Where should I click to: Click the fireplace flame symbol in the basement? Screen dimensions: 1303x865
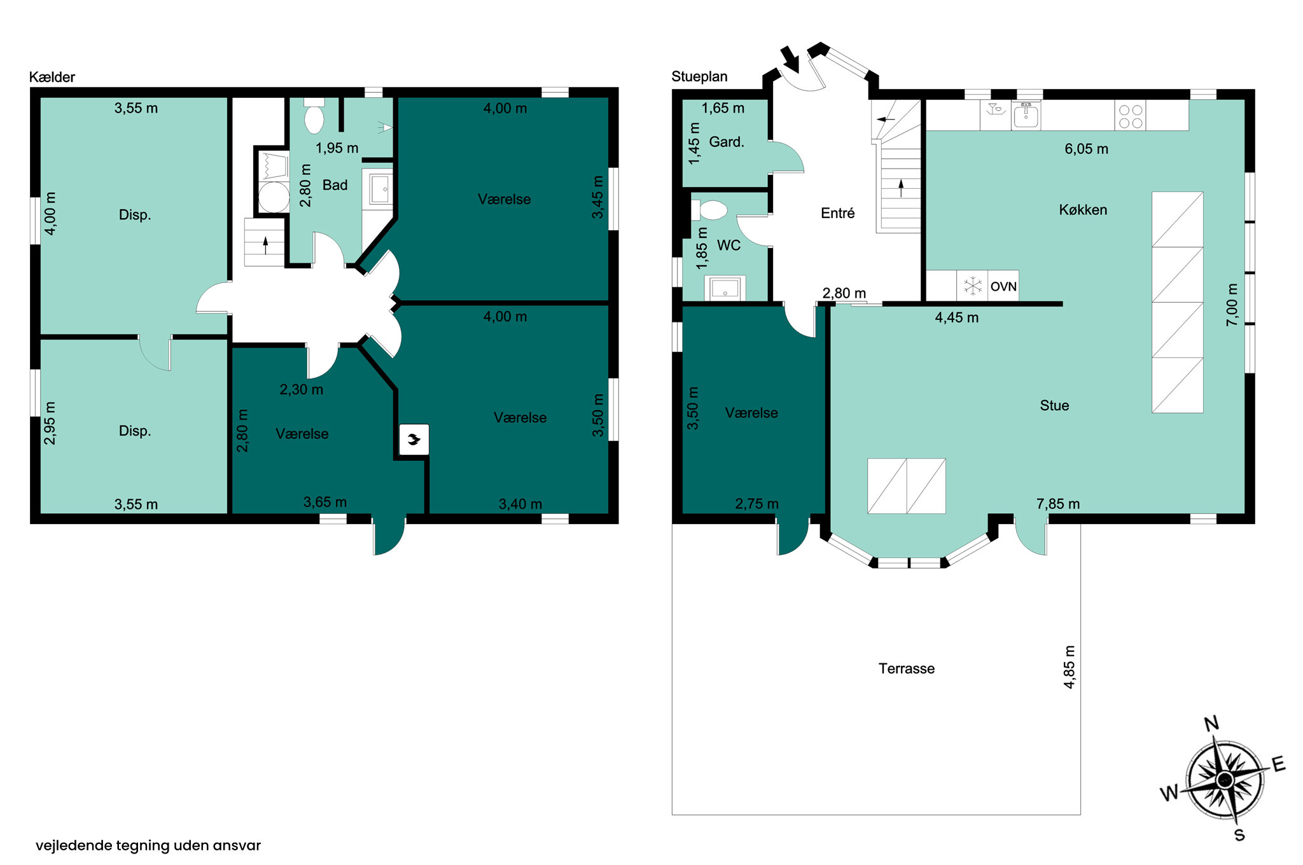point(414,439)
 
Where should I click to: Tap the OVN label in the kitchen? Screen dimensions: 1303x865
point(1003,286)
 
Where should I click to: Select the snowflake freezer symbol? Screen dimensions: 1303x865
point(973,286)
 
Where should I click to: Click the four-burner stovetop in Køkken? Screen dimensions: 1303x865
point(1130,116)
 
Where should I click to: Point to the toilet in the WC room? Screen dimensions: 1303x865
point(709,210)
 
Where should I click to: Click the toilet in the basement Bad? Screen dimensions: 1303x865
point(314,116)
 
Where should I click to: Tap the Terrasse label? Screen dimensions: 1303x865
point(906,668)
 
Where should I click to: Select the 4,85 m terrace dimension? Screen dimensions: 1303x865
point(1070,667)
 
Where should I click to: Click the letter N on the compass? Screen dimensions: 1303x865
point(1211,724)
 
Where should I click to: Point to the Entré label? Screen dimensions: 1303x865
point(837,213)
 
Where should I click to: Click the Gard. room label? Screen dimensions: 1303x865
point(727,142)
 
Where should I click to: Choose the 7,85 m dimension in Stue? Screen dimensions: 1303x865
point(1058,504)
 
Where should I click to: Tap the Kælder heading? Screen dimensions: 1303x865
point(52,77)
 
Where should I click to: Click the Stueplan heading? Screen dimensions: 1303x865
point(699,76)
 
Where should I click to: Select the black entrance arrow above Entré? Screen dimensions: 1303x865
point(790,59)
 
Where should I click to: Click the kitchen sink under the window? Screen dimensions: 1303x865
point(1026,116)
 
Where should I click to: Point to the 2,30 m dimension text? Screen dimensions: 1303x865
point(302,389)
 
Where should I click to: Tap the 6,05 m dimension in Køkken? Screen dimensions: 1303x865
point(1086,149)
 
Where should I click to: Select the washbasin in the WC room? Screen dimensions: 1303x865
point(725,289)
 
